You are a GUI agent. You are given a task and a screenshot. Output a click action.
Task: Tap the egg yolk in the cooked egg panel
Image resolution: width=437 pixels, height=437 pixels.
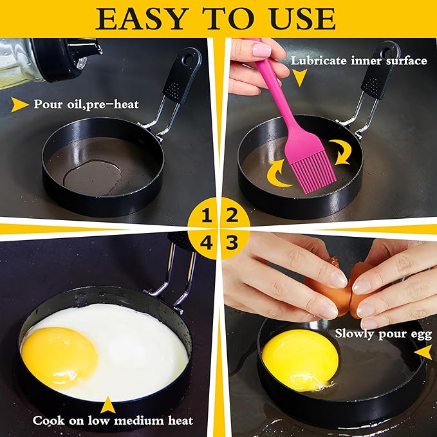click(59, 356)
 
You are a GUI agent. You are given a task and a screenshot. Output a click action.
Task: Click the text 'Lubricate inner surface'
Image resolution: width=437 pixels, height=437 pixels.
click(358, 61)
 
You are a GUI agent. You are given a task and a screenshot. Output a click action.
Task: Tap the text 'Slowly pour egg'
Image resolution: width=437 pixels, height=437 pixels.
click(380, 334)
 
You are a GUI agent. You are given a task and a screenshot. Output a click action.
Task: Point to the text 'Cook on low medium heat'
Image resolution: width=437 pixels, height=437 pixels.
click(113, 421)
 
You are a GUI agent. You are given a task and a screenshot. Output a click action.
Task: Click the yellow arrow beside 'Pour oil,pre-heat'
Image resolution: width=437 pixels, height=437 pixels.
click(20, 104)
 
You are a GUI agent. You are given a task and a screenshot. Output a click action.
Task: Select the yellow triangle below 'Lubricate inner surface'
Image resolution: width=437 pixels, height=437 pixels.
click(298, 79)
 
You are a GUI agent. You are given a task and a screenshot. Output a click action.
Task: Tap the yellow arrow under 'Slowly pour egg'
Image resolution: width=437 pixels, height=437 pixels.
click(422, 353)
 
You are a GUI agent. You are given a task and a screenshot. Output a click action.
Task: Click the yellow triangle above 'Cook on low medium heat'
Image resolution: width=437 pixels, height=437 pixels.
click(107, 404)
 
